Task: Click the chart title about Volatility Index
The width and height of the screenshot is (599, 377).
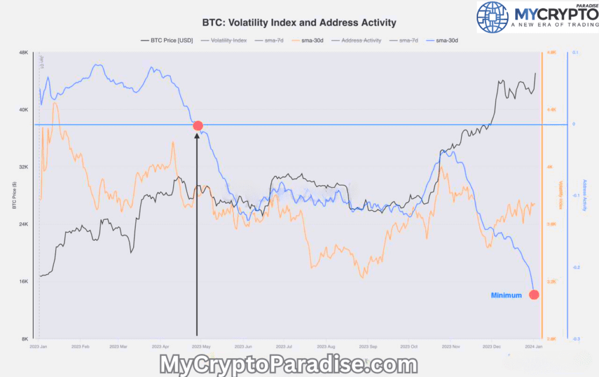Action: [299, 23]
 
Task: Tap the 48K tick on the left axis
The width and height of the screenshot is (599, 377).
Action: [24, 53]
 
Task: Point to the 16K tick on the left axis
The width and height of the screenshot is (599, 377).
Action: [24, 282]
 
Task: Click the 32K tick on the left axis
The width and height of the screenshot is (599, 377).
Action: [24, 167]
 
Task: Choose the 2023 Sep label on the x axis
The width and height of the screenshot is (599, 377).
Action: [369, 347]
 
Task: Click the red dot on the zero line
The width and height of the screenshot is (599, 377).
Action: [198, 126]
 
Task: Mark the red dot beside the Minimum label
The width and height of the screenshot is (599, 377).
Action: [533, 295]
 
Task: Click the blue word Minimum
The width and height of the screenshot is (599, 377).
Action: [506, 295]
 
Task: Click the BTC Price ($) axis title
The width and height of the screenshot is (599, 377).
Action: [14, 196]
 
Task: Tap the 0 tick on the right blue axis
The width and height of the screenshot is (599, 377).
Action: [574, 124]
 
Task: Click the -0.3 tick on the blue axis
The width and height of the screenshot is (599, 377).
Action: [576, 339]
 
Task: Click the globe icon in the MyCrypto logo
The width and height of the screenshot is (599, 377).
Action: [492, 16]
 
